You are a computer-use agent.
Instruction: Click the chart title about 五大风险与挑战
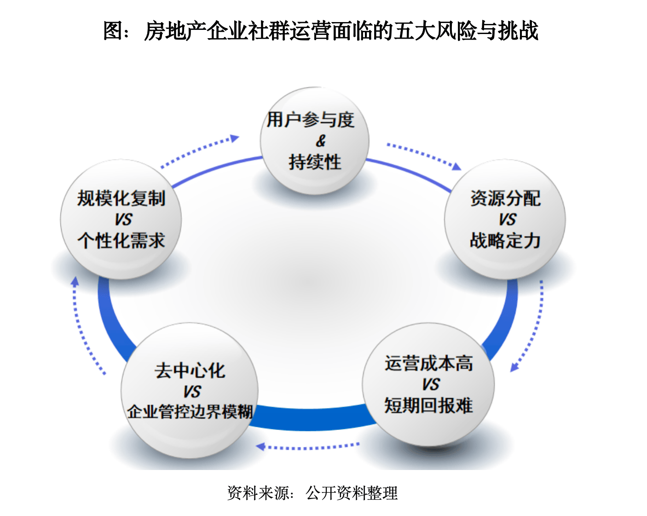(321, 31)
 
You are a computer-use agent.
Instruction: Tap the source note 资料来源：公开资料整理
(312, 493)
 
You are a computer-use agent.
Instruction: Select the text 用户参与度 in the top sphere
(311, 120)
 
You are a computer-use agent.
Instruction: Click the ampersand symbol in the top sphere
(320, 141)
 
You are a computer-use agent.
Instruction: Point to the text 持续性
(315, 162)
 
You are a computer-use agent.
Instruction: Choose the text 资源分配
(505, 199)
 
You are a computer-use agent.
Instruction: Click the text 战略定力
(505, 241)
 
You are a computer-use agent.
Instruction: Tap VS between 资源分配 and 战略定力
(507, 219)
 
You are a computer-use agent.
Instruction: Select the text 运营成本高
(429, 363)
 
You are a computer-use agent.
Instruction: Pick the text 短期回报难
(428, 406)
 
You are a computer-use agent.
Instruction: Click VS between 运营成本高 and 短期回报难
(431, 384)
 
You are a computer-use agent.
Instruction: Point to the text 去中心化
(190, 371)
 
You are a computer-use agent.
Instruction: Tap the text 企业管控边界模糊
(190, 412)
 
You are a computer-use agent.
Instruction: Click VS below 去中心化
(191, 392)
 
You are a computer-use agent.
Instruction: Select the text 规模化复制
(121, 199)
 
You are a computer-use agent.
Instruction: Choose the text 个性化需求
(121, 241)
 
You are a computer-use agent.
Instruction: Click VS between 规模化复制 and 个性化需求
(123, 219)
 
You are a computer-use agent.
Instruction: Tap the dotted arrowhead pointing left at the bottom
(260, 447)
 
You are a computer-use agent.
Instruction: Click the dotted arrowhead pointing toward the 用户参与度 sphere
(235, 138)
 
